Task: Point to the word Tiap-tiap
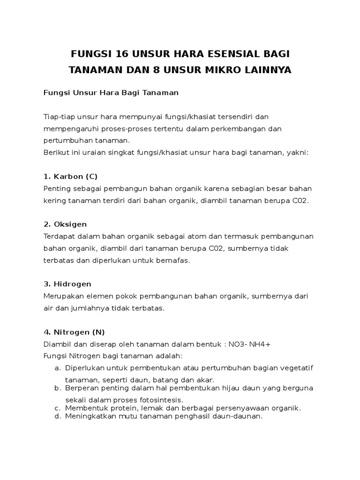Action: [58, 116]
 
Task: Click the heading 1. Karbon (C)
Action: [70, 176]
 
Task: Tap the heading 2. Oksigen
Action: [65, 224]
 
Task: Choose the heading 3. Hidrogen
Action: [67, 284]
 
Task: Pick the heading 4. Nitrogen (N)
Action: [74, 332]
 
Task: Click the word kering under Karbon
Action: [53, 201]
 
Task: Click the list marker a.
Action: [57, 367]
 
